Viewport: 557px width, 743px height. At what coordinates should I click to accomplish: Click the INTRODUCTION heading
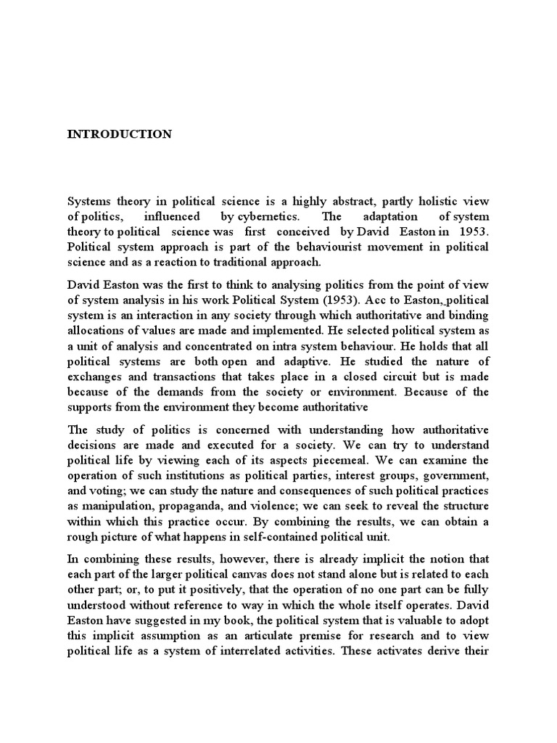(x=120, y=134)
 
